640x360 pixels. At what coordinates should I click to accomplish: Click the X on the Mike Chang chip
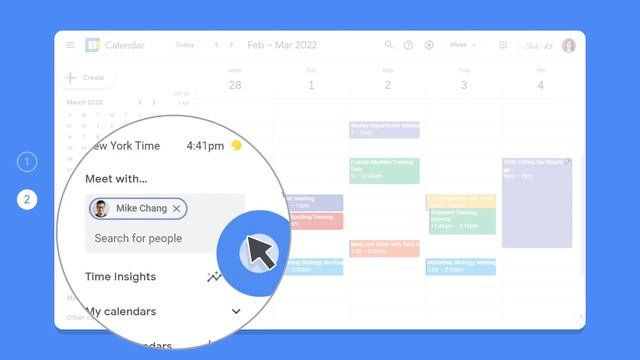click(177, 208)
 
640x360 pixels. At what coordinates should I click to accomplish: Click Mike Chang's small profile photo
click(100, 208)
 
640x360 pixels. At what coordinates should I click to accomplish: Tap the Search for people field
click(139, 238)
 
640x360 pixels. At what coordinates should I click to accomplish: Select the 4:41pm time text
click(205, 145)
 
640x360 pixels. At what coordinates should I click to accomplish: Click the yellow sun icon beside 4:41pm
click(236, 145)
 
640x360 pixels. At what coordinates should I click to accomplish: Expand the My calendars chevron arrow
click(236, 311)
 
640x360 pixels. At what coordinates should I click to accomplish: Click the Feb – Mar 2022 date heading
click(282, 45)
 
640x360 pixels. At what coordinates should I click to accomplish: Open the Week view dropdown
click(463, 45)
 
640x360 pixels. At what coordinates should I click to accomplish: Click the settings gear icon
click(430, 45)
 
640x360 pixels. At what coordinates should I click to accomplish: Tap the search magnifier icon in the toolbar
click(386, 45)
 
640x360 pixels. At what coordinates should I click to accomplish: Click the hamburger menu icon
click(70, 45)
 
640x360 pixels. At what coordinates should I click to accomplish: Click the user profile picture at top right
click(568, 45)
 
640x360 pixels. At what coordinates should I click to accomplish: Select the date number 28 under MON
click(235, 85)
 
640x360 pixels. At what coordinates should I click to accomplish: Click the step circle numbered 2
click(28, 199)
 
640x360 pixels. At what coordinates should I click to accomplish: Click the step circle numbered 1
click(28, 161)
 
